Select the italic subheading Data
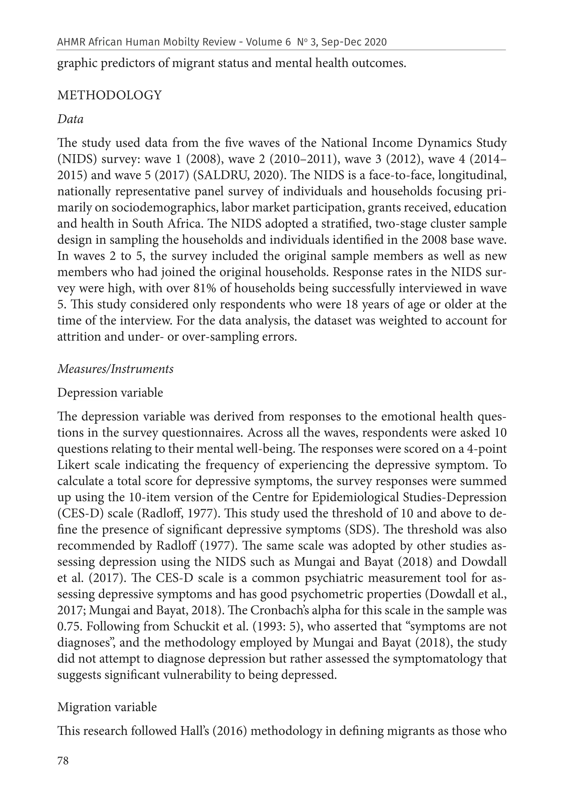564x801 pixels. (x=70, y=119)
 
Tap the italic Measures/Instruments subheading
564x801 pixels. (x=115, y=369)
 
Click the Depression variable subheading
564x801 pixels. (x=110, y=393)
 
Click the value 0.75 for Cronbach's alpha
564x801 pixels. (x=68, y=627)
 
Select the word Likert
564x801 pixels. (x=72, y=465)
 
